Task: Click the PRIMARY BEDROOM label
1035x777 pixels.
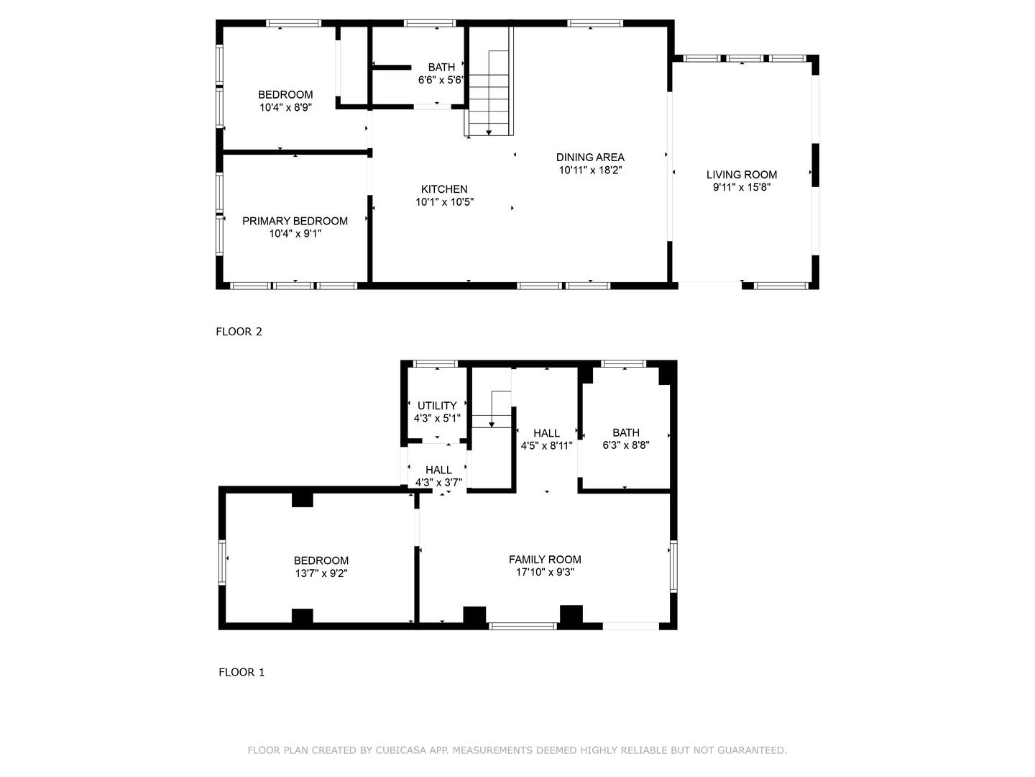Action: coord(295,221)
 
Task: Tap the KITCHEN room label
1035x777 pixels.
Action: coord(444,189)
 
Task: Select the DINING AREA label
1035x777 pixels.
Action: coord(590,158)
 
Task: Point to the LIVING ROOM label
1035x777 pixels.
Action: coord(742,175)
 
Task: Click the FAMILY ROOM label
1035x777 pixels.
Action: coord(545,560)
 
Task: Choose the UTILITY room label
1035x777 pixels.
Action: coord(437,406)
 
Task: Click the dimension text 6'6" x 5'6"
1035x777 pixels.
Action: coord(441,80)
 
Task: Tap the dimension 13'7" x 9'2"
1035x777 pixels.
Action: coord(321,573)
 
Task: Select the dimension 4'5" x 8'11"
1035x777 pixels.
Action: coord(546,445)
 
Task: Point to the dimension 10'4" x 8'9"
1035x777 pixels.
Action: coord(285,108)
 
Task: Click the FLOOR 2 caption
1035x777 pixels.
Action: coord(239,332)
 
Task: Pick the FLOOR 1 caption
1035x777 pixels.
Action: coord(241,672)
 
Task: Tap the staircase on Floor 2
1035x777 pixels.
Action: coord(489,81)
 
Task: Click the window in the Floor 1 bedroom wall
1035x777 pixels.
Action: coord(222,563)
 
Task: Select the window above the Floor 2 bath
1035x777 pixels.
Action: coord(430,23)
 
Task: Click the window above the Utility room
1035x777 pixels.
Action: coord(436,364)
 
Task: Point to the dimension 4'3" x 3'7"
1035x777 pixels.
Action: coord(438,483)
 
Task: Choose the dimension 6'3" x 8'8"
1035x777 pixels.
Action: coord(626,445)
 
